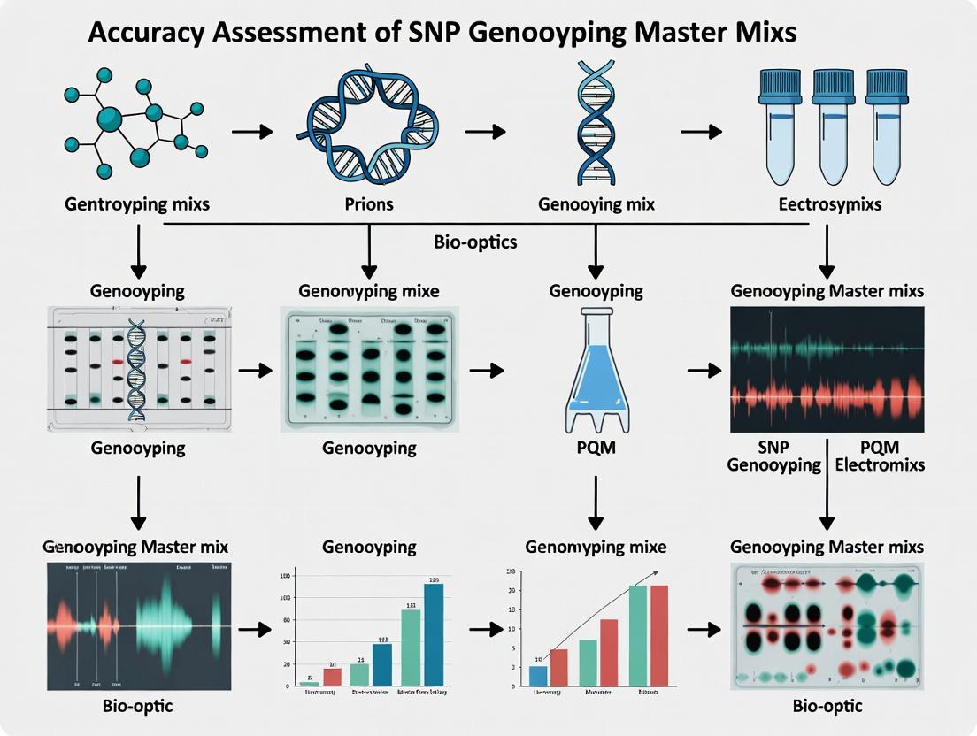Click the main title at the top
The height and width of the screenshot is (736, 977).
click(442, 33)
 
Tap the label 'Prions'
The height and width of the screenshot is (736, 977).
click(370, 204)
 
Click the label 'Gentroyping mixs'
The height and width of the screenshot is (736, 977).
click(137, 204)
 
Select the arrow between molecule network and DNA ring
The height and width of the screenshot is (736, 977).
click(252, 131)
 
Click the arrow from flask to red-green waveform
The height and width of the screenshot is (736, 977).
click(703, 371)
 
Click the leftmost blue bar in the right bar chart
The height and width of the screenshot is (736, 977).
click(538, 675)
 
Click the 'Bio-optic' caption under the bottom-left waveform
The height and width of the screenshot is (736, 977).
click(137, 706)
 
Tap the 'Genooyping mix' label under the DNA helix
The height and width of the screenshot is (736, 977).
click(596, 204)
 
